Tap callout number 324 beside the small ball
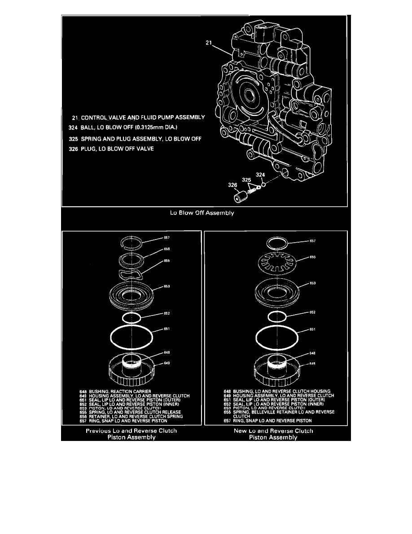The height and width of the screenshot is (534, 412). tap(260, 174)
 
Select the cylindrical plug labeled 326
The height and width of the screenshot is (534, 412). tap(241, 196)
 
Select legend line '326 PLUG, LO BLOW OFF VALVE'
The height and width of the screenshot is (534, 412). tap(111, 149)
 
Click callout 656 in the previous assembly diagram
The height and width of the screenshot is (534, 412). tap(154, 249)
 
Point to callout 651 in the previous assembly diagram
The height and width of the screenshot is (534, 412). tap(166, 329)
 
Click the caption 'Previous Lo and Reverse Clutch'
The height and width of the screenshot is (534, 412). tap(131, 431)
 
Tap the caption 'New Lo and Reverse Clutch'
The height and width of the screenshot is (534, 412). tap(273, 431)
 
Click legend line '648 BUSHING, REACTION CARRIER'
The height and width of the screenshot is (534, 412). tap(113, 391)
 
